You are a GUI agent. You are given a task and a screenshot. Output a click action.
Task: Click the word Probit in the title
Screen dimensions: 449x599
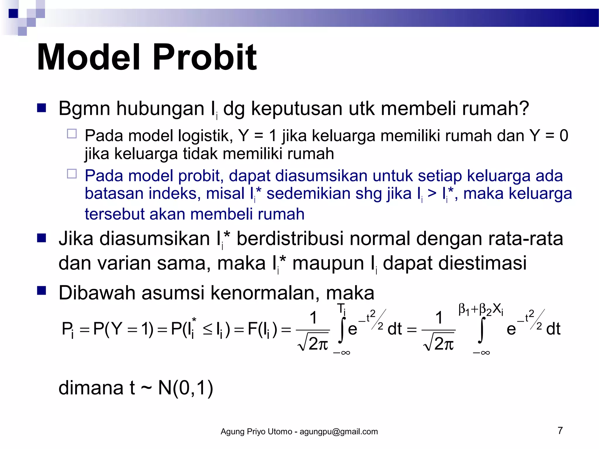pos(204,57)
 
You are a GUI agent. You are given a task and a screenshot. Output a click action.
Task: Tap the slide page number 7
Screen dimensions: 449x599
pos(560,431)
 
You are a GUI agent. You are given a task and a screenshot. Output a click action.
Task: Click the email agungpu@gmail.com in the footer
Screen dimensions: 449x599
pos(339,432)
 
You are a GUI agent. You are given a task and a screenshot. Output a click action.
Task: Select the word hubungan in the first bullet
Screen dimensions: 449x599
pos(160,109)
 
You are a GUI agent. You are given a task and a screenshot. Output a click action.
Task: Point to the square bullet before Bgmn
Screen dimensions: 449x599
pos(42,108)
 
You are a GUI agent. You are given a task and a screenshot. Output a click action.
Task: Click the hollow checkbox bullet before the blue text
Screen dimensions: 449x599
pos(72,174)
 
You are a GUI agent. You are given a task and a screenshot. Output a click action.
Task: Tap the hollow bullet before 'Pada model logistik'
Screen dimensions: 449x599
pos(72,134)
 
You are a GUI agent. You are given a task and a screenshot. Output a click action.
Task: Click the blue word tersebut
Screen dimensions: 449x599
pos(114,214)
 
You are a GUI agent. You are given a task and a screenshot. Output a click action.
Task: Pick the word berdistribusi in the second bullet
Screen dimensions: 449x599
pos(290,239)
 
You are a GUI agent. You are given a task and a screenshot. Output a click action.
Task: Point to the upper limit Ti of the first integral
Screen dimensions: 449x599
pos(341,309)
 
